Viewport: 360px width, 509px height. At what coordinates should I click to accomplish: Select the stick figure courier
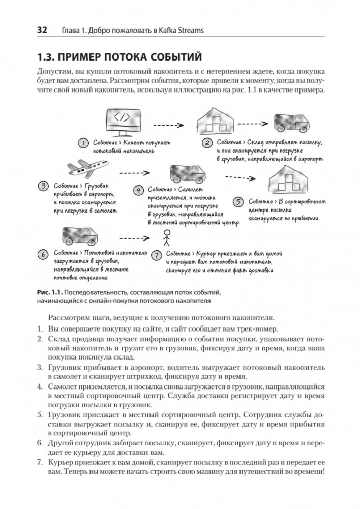165,237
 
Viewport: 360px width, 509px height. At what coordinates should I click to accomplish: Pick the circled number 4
137,190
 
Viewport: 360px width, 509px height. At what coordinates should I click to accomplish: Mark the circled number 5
238,201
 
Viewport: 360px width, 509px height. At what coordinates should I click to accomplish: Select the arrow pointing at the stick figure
135,237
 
